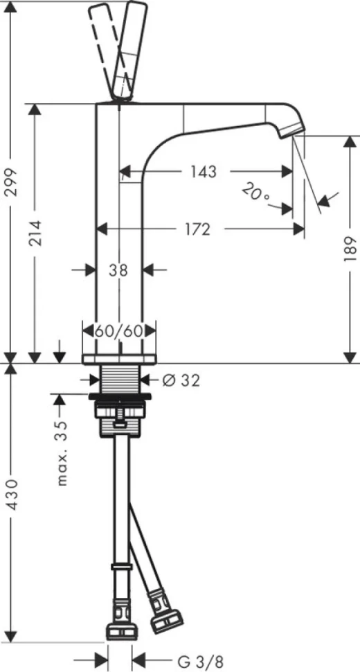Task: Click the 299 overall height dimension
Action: (11, 182)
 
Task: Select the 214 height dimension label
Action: (35, 233)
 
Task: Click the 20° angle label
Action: (256, 193)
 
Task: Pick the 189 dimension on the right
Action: (350, 249)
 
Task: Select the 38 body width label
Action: (118, 270)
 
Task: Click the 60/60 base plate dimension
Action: (118, 331)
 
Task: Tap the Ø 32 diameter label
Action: (181, 380)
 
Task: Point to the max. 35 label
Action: (62, 454)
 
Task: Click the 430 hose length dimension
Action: (12, 495)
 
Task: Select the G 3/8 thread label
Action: (201, 662)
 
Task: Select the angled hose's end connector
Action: (168, 608)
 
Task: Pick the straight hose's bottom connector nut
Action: (122, 631)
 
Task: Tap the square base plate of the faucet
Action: (120, 359)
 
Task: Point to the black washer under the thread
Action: (120, 396)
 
